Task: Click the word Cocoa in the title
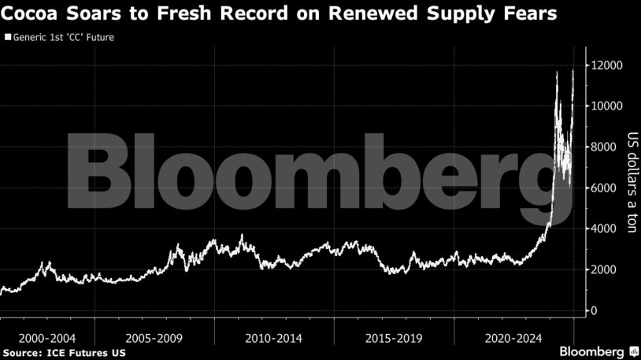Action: [34, 13]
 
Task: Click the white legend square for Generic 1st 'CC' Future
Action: [8, 37]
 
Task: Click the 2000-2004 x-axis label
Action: [45, 338]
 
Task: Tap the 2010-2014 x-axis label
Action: [273, 338]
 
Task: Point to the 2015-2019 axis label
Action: [393, 338]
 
